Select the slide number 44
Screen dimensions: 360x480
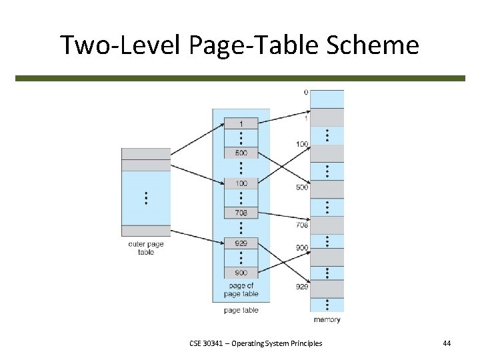point(447,343)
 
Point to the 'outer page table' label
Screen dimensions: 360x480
point(145,249)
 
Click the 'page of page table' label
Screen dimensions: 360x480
point(241,290)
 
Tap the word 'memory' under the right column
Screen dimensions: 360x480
point(327,320)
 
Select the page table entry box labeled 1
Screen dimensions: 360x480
point(241,123)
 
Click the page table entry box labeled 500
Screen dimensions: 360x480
point(241,153)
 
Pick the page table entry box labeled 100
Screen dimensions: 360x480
point(241,183)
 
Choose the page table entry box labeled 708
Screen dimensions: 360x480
point(241,213)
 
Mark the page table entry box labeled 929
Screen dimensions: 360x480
point(241,243)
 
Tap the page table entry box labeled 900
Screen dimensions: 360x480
point(241,273)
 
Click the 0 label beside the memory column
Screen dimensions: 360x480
point(305,93)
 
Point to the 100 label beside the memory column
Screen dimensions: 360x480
point(302,145)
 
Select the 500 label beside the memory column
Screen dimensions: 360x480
point(302,188)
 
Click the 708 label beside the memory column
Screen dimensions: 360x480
point(302,225)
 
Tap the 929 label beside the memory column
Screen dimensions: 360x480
point(302,287)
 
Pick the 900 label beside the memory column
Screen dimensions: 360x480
point(302,247)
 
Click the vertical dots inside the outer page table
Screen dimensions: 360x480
point(145,198)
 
